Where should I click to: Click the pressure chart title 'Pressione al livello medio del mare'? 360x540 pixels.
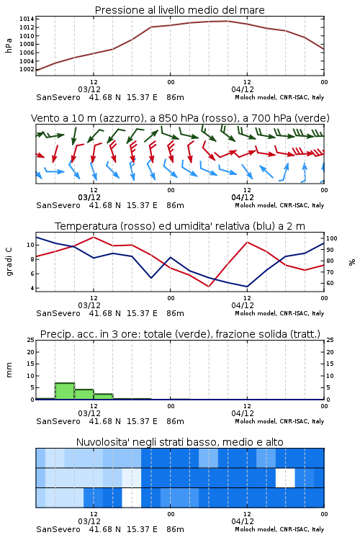coord(179,10)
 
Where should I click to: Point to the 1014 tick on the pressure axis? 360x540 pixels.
coord(27,19)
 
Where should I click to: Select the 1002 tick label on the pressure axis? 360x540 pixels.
coord(27,69)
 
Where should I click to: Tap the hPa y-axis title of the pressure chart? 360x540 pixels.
coord(9,45)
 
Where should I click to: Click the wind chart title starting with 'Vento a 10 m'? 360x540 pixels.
coord(180,118)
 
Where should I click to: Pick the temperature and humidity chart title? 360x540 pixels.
coord(180,226)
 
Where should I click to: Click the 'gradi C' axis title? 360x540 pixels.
coord(9,262)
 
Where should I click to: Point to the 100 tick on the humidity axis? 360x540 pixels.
coord(332,238)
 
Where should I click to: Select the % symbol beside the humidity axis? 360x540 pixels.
coord(352,262)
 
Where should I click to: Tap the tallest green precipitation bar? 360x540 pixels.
coord(65,391)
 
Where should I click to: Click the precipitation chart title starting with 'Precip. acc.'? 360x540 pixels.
coord(180,334)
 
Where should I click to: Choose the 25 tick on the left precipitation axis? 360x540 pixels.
coord(31,340)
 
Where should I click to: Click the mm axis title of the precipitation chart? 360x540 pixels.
coord(9,370)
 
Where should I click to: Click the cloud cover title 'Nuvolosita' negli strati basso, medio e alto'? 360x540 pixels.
coord(179,442)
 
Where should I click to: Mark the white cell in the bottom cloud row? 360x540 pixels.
coord(132,498)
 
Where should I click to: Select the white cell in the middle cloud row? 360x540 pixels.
coord(285,477)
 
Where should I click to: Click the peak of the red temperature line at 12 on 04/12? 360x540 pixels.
coord(247,242)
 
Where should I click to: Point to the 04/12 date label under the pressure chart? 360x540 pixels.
coord(243,89)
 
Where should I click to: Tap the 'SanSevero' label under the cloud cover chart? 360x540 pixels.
coord(58,529)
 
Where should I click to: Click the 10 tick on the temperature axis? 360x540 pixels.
coord(31,245)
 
